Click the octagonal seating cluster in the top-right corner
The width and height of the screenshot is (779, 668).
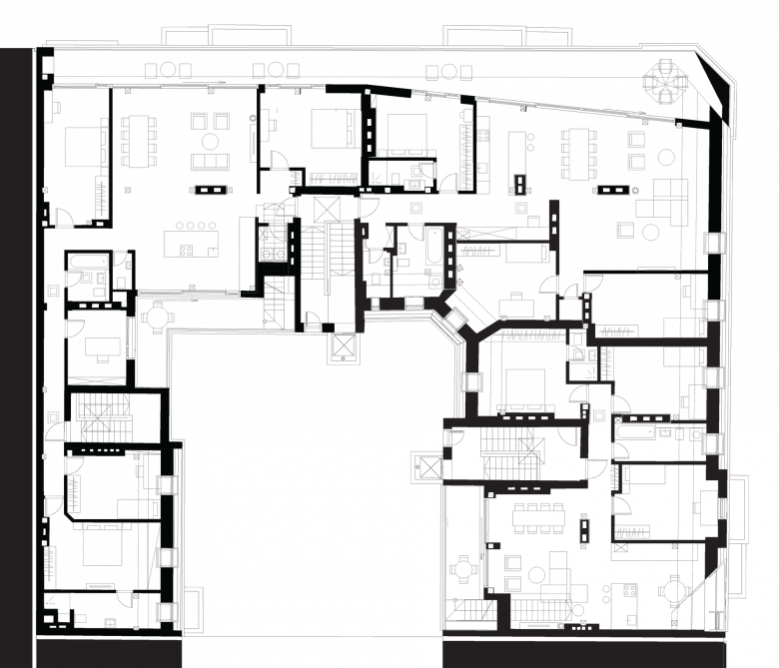pyautogui.click(x=663, y=81)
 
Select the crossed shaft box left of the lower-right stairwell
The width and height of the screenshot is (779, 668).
pyautogui.click(x=429, y=467)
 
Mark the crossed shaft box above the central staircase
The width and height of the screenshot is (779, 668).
pyautogui.click(x=325, y=209)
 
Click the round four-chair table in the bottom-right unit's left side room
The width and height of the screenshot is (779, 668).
pyautogui.click(x=461, y=570)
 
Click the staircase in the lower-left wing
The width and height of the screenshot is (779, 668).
pyautogui.click(x=100, y=417)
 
